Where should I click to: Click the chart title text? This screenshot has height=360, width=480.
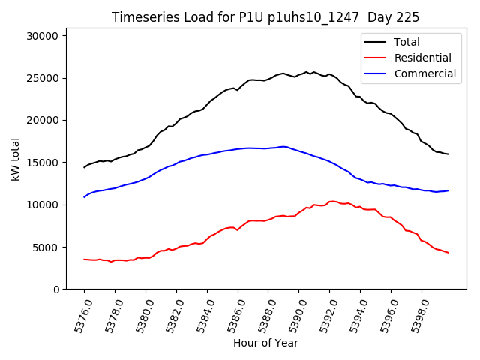coord(265,17)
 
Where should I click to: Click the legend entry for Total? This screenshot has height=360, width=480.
coord(406,42)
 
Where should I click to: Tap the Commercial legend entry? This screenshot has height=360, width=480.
coord(424,73)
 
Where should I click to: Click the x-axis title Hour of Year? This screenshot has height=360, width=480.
coord(265,343)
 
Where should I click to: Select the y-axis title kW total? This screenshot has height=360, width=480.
coord(15,162)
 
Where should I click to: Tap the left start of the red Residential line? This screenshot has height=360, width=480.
coord(84,259)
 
